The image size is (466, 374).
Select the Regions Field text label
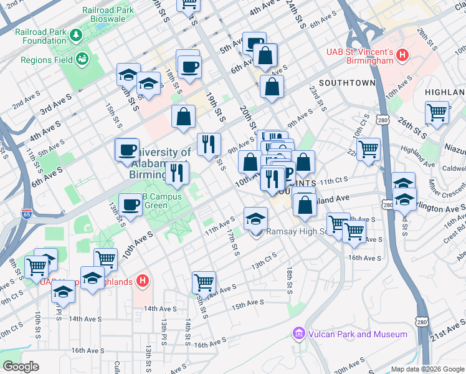[x=46, y=60]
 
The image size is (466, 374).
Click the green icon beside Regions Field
[x=82, y=59]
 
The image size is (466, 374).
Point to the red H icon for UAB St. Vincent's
[x=402, y=55]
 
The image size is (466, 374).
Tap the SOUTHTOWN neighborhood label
[x=347, y=83]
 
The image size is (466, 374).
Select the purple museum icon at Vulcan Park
[x=300, y=334]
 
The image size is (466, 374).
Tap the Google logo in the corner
[x=20, y=367]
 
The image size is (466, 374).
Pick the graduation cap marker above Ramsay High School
[x=255, y=219]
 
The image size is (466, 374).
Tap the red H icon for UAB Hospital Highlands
[x=143, y=282]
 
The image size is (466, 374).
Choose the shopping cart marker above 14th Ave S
[x=204, y=282]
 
